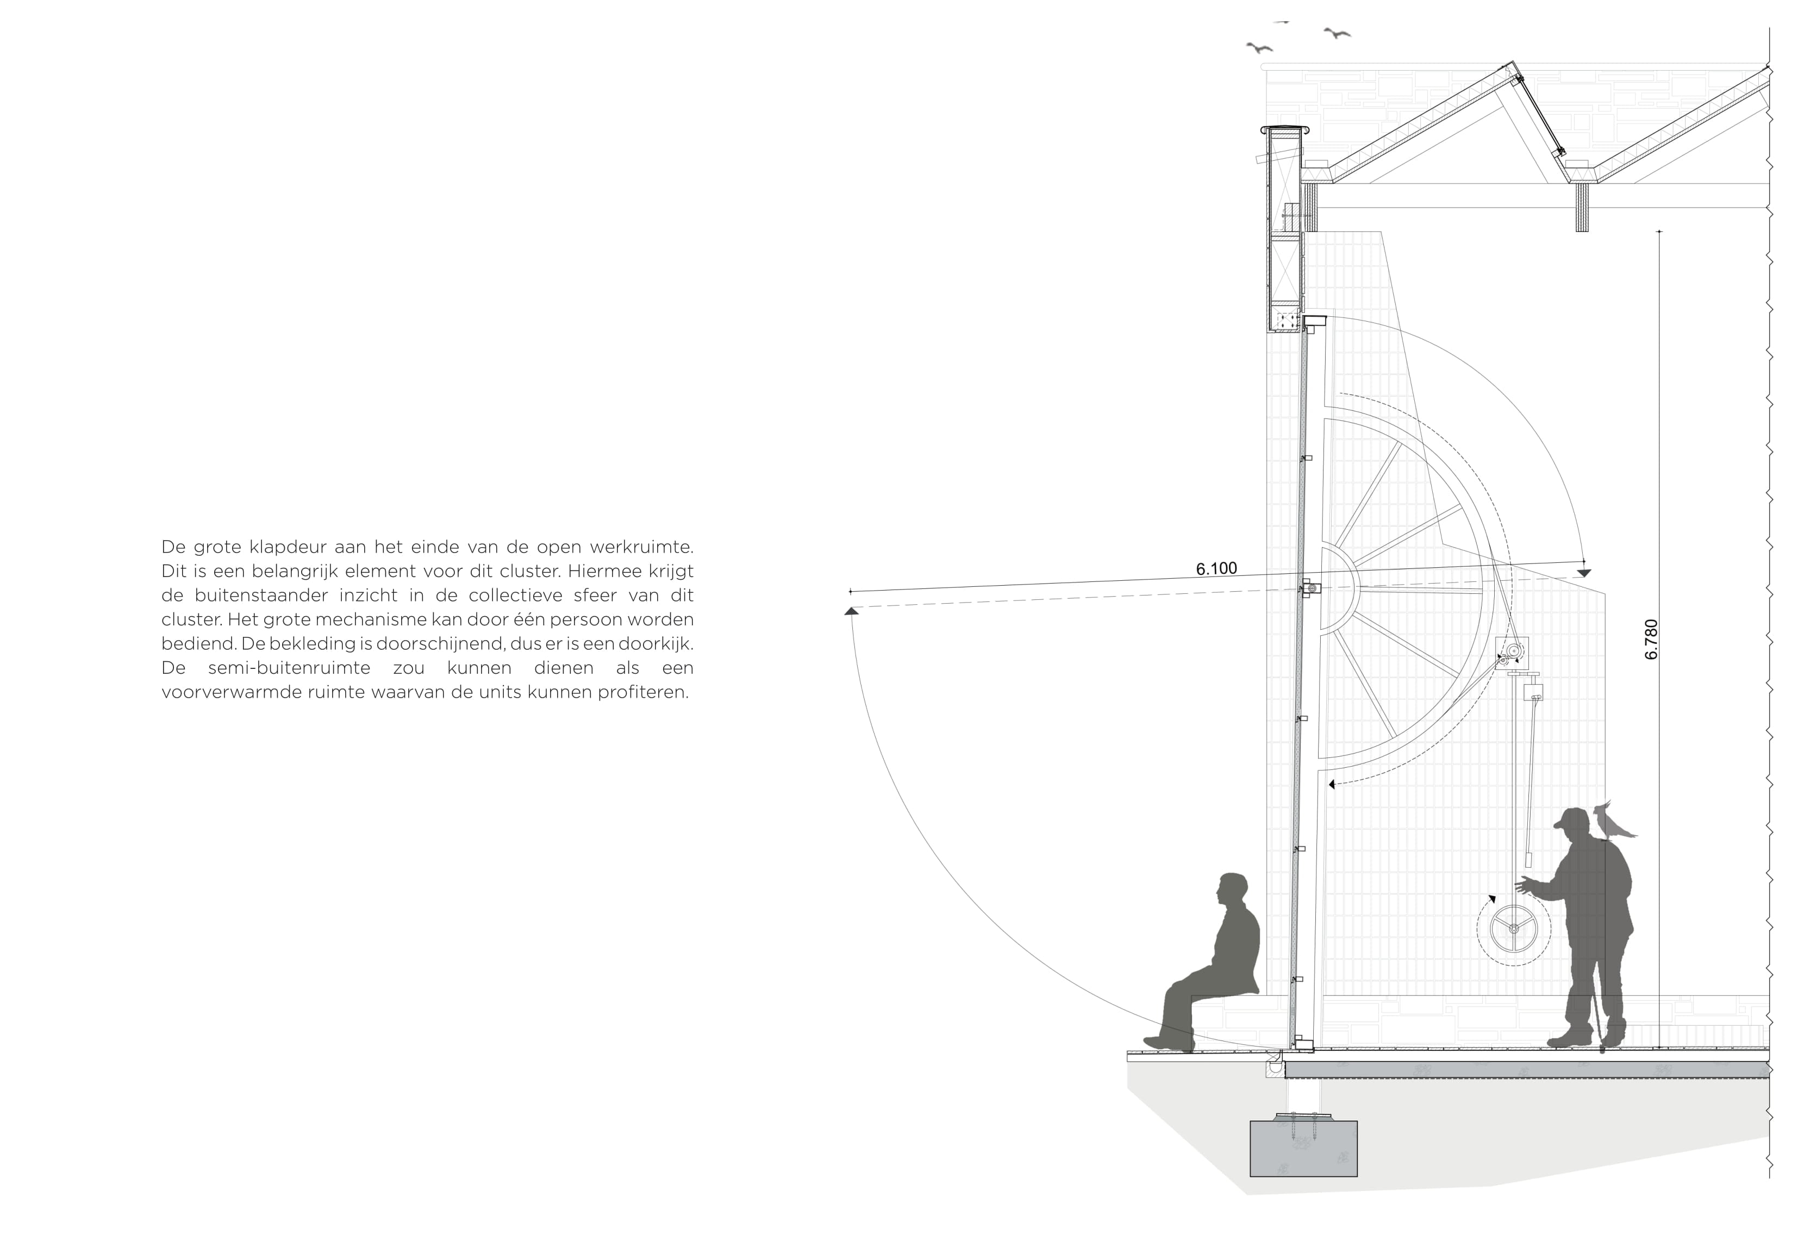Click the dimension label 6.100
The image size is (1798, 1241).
(x=1216, y=569)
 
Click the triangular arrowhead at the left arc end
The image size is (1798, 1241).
(x=851, y=612)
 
